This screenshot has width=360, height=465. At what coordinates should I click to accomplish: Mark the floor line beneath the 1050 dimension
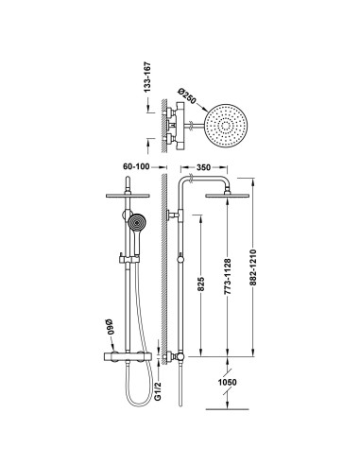click(x=228, y=410)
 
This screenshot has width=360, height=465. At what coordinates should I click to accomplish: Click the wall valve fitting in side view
click(x=175, y=359)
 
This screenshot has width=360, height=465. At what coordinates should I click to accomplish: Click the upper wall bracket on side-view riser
click(x=174, y=218)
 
